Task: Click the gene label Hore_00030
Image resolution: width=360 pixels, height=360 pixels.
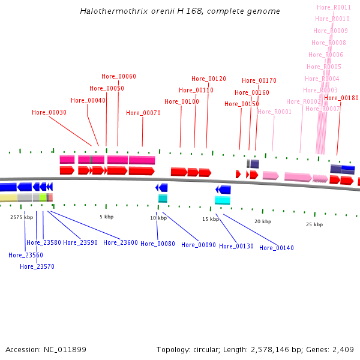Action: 49,112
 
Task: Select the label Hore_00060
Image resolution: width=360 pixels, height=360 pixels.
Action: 119,76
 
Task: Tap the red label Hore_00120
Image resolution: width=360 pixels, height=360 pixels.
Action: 209,79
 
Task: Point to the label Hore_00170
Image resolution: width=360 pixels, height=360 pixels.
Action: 259,80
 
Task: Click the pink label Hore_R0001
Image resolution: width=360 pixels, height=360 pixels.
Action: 274,112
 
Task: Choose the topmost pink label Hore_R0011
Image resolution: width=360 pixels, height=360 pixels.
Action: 334,7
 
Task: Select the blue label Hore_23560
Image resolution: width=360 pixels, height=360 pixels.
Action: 26,255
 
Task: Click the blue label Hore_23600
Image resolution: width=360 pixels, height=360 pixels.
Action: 121,242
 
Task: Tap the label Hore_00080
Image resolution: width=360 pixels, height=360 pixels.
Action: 158,244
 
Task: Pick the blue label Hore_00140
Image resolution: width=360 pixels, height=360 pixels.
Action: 277,248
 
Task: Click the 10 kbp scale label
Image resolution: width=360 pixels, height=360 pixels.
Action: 158,218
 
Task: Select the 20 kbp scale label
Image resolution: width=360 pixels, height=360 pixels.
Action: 263,221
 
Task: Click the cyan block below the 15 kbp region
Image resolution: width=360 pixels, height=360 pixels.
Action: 223,200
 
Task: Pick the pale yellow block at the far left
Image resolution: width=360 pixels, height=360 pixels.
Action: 8,197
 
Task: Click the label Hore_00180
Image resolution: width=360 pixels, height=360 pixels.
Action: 341,98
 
